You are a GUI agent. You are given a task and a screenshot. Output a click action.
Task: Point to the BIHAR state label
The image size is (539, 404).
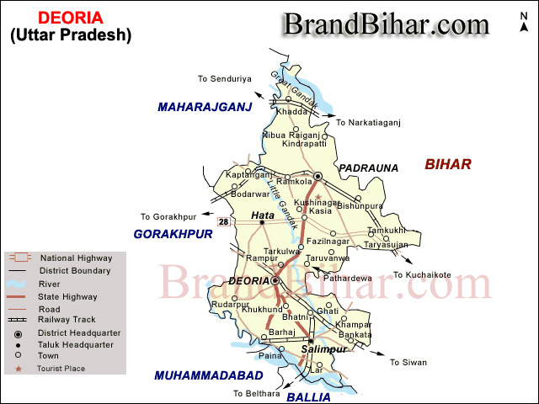(x=448, y=164)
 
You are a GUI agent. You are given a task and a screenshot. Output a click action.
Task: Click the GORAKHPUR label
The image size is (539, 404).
(x=173, y=234)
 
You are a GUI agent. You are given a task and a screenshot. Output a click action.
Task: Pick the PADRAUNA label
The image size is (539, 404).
(x=368, y=168)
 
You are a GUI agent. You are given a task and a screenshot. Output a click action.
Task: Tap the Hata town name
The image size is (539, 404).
(x=264, y=215)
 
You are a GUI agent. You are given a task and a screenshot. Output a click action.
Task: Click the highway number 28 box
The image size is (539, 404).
(x=223, y=222)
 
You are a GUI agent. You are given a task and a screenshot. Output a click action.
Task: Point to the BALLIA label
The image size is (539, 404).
(x=308, y=396)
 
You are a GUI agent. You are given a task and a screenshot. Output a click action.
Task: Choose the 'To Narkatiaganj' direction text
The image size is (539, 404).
(x=368, y=123)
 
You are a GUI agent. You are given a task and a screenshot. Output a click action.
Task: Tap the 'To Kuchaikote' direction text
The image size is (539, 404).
(x=422, y=275)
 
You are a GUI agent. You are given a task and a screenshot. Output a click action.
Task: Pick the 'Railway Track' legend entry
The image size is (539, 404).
(x=67, y=320)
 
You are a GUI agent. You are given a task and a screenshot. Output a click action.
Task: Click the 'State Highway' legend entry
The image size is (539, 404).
(x=68, y=296)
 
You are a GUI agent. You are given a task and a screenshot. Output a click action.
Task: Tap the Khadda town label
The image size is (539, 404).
(x=292, y=112)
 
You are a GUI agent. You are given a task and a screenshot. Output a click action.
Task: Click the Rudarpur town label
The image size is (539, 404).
(x=231, y=304)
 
